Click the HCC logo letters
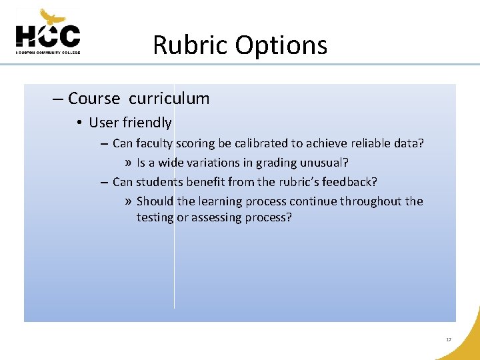(47, 36)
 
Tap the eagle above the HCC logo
(53, 16)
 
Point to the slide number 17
(449, 340)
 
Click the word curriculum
(169, 99)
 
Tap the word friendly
(147, 123)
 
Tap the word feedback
(351, 182)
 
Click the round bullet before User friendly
(79, 123)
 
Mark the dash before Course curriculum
(58, 99)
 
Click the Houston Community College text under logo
(47, 51)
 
